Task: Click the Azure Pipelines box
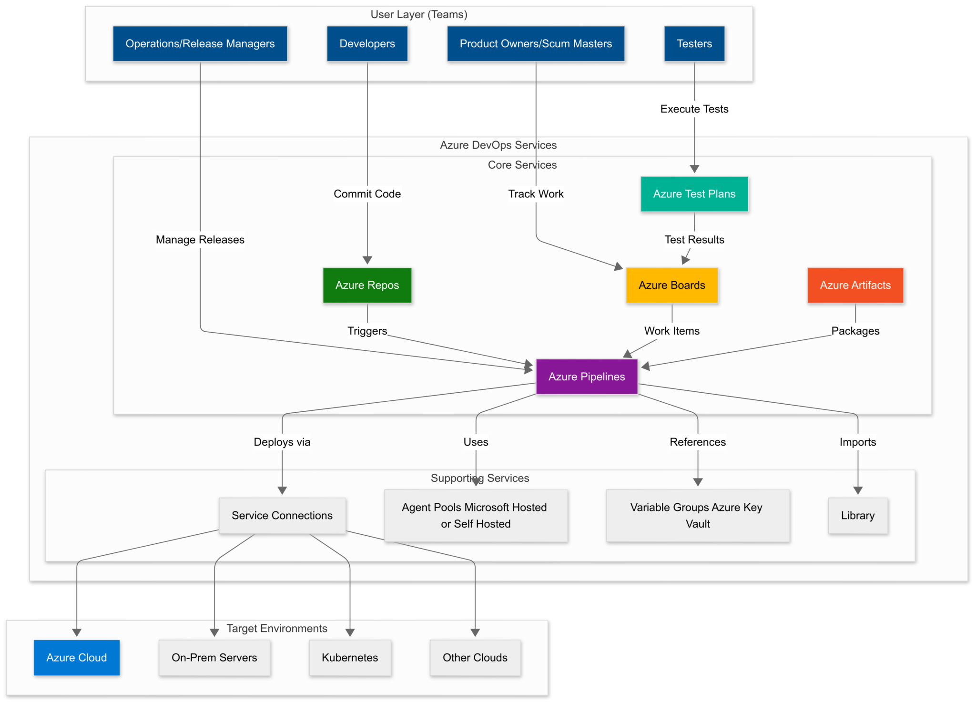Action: pyautogui.click(x=586, y=377)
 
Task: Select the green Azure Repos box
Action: pyautogui.click(x=367, y=285)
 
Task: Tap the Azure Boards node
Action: pyautogui.click(x=671, y=285)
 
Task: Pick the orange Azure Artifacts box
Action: pyautogui.click(x=855, y=285)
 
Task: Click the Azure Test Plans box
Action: pyautogui.click(x=694, y=194)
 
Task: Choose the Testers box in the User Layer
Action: pyautogui.click(x=694, y=44)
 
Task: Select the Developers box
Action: pyautogui.click(x=367, y=44)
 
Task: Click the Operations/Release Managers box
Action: pyautogui.click(x=200, y=44)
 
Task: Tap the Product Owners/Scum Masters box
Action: pyautogui.click(x=536, y=44)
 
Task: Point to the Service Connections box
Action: pyautogui.click(x=282, y=515)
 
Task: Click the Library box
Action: pyautogui.click(x=857, y=515)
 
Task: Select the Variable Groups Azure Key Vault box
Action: pyautogui.click(x=698, y=515)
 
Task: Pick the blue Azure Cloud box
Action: pyautogui.click(x=77, y=657)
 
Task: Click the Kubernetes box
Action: pyautogui.click(x=350, y=657)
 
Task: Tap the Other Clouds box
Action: pyautogui.click(x=475, y=657)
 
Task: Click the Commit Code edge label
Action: pyautogui.click(x=367, y=194)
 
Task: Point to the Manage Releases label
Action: pyautogui.click(x=200, y=240)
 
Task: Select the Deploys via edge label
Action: pyautogui.click(x=282, y=442)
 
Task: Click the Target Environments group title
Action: pyautogui.click(x=277, y=628)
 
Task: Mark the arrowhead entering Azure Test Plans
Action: pyautogui.click(x=694, y=169)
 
